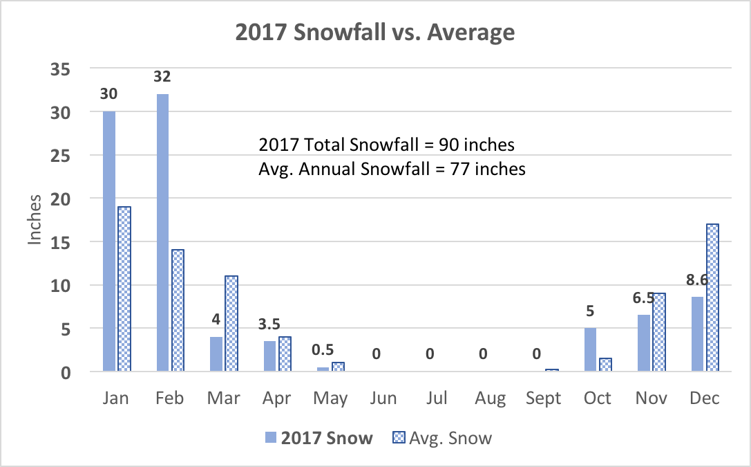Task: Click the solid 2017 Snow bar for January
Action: [x=108, y=241]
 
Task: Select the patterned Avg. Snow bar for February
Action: [x=177, y=311]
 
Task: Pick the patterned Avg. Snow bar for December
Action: [x=712, y=298]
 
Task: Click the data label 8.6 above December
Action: [x=697, y=281]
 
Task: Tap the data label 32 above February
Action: [x=162, y=76]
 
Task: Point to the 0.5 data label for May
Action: [x=323, y=351]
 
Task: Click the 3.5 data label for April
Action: [x=269, y=324]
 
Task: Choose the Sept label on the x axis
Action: [x=544, y=399]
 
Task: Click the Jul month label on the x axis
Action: [x=437, y=399]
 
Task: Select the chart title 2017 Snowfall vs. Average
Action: [x=375, y=32]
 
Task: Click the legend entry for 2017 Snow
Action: [x=319, y=438]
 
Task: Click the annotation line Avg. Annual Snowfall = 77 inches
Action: [x=392, y=168]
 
